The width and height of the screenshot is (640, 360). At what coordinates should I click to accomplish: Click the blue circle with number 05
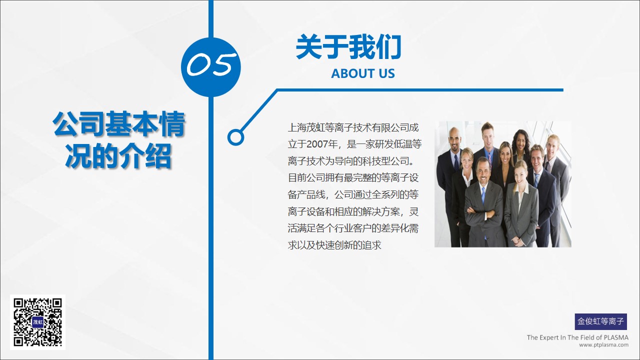[211, 67]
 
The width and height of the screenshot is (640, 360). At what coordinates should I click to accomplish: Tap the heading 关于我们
[348, 46]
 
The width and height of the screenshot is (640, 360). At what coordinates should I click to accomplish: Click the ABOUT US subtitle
[363, 73]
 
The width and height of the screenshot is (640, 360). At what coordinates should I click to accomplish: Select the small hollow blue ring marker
[235, 137]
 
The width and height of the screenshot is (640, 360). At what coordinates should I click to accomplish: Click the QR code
[37, 322]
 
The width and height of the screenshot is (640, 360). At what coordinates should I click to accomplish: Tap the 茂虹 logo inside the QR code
[37, 322]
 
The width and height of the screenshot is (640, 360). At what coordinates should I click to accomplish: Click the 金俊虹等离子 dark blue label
[601, 321]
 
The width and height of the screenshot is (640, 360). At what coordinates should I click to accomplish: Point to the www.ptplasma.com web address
[603, 345]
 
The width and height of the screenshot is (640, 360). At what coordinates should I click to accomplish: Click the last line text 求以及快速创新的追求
[334, 245]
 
